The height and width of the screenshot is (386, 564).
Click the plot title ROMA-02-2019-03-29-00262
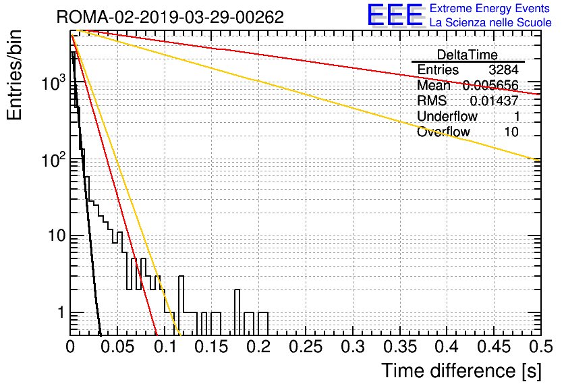point(170,17)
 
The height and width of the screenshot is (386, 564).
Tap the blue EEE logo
point(395,15)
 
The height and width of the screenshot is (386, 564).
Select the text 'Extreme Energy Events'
point(490,8)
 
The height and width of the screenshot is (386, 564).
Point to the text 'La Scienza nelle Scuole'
point(490,22)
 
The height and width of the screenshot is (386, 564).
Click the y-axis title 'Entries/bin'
point(14,75)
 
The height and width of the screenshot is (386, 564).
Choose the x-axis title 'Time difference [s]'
point(461,371)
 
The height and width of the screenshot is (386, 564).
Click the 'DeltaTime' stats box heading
point(467,55)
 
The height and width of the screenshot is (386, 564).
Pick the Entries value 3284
point(503,70)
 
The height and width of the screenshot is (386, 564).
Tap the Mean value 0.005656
point(490,85)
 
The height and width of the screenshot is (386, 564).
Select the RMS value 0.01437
point(494,101)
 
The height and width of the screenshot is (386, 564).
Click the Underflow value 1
point(516,116)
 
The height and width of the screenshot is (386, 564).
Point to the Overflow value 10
point(511,132)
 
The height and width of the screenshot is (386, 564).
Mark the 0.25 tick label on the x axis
point(306,347)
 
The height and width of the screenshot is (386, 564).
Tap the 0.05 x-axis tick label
point(117,347)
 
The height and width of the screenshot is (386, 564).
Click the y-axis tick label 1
point(61,312)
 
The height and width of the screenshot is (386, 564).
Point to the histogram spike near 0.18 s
point(237,312)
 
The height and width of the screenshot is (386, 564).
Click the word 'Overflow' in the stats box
point(443,132)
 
